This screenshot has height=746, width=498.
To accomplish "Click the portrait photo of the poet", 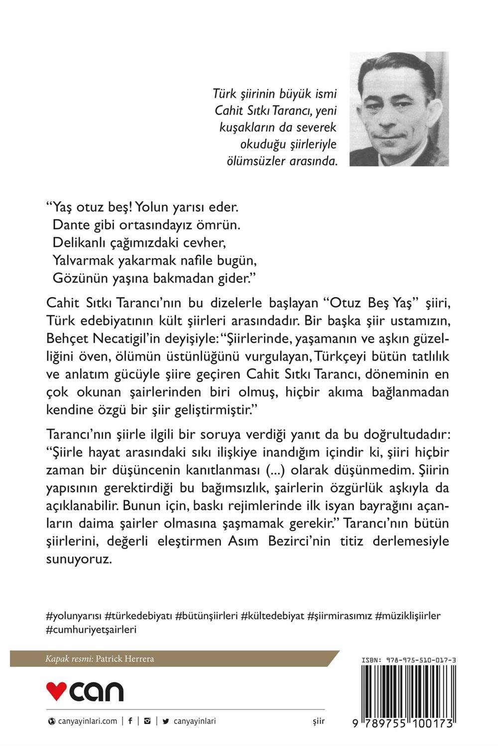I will (399, 108).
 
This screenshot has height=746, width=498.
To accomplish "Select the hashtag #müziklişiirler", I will (408, 616).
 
